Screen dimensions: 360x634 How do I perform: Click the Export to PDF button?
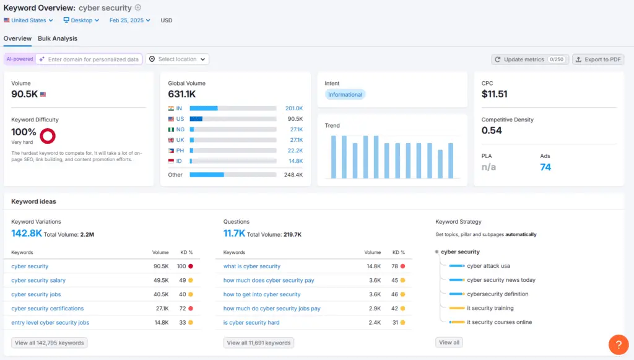[598, 59]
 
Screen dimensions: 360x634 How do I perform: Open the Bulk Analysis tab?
[58, 38]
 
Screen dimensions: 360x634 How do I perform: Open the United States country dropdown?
[28, 20]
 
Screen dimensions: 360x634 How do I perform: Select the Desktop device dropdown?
[82, 20]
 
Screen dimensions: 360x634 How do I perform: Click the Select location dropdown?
[178, 59]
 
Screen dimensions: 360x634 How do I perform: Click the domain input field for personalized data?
[92, 59]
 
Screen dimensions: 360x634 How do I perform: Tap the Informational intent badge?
[345, 95]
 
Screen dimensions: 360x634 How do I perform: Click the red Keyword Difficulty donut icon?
[48, 135]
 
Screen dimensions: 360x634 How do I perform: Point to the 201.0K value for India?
[293, 108]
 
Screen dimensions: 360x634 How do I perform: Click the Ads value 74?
[545, 167]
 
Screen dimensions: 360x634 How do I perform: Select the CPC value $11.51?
[495, 94]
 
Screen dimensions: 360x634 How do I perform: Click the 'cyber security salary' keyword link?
[38, 281]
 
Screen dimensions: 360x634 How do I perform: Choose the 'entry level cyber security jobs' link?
[50, 323]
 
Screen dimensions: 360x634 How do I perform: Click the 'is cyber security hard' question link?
[251, 323]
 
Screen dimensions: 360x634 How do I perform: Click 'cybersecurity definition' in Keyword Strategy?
[497, 294]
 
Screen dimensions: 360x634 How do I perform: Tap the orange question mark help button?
[619, 344]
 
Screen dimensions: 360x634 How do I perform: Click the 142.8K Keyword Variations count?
[27, 234]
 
